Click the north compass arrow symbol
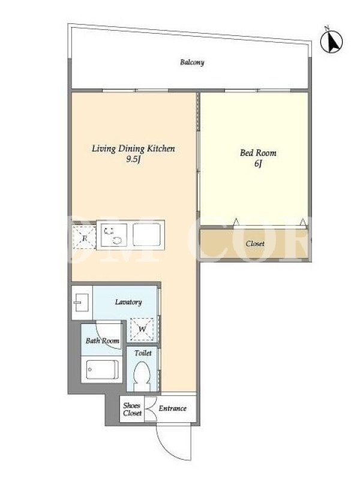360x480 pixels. (332, 41)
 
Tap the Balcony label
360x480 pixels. (192, 62)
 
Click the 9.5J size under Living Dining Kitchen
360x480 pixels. (133, 159)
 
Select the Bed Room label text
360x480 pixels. (258, 152)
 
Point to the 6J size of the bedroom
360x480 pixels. (258, 163)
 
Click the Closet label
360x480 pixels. (255, 244)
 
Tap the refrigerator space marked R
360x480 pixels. (85, 238)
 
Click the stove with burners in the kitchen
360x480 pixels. (113, 235)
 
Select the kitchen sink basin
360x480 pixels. (146, 235)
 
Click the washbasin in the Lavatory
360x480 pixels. (82, 302)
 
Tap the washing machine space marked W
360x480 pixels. (142, 329)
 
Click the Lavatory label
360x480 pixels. (128, 302)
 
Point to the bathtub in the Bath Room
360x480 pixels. (102, 370)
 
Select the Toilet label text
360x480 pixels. (143, 353)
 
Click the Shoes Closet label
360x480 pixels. (132, 409)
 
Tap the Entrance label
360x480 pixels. (172, 409)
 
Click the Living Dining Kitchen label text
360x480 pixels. (133, 149)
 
